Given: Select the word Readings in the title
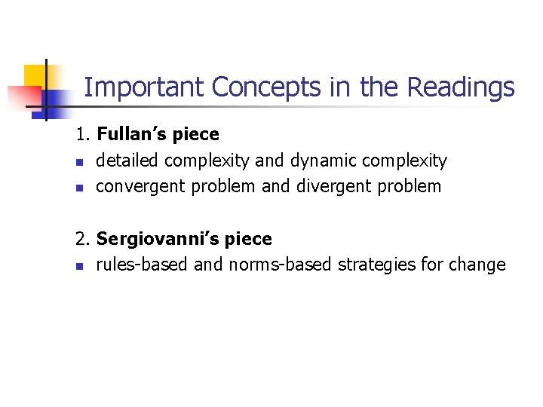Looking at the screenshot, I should (x=461, y=88).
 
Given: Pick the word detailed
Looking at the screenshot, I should (x=127, y=161).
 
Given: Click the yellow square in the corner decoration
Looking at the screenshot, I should (x=35, y=75).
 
